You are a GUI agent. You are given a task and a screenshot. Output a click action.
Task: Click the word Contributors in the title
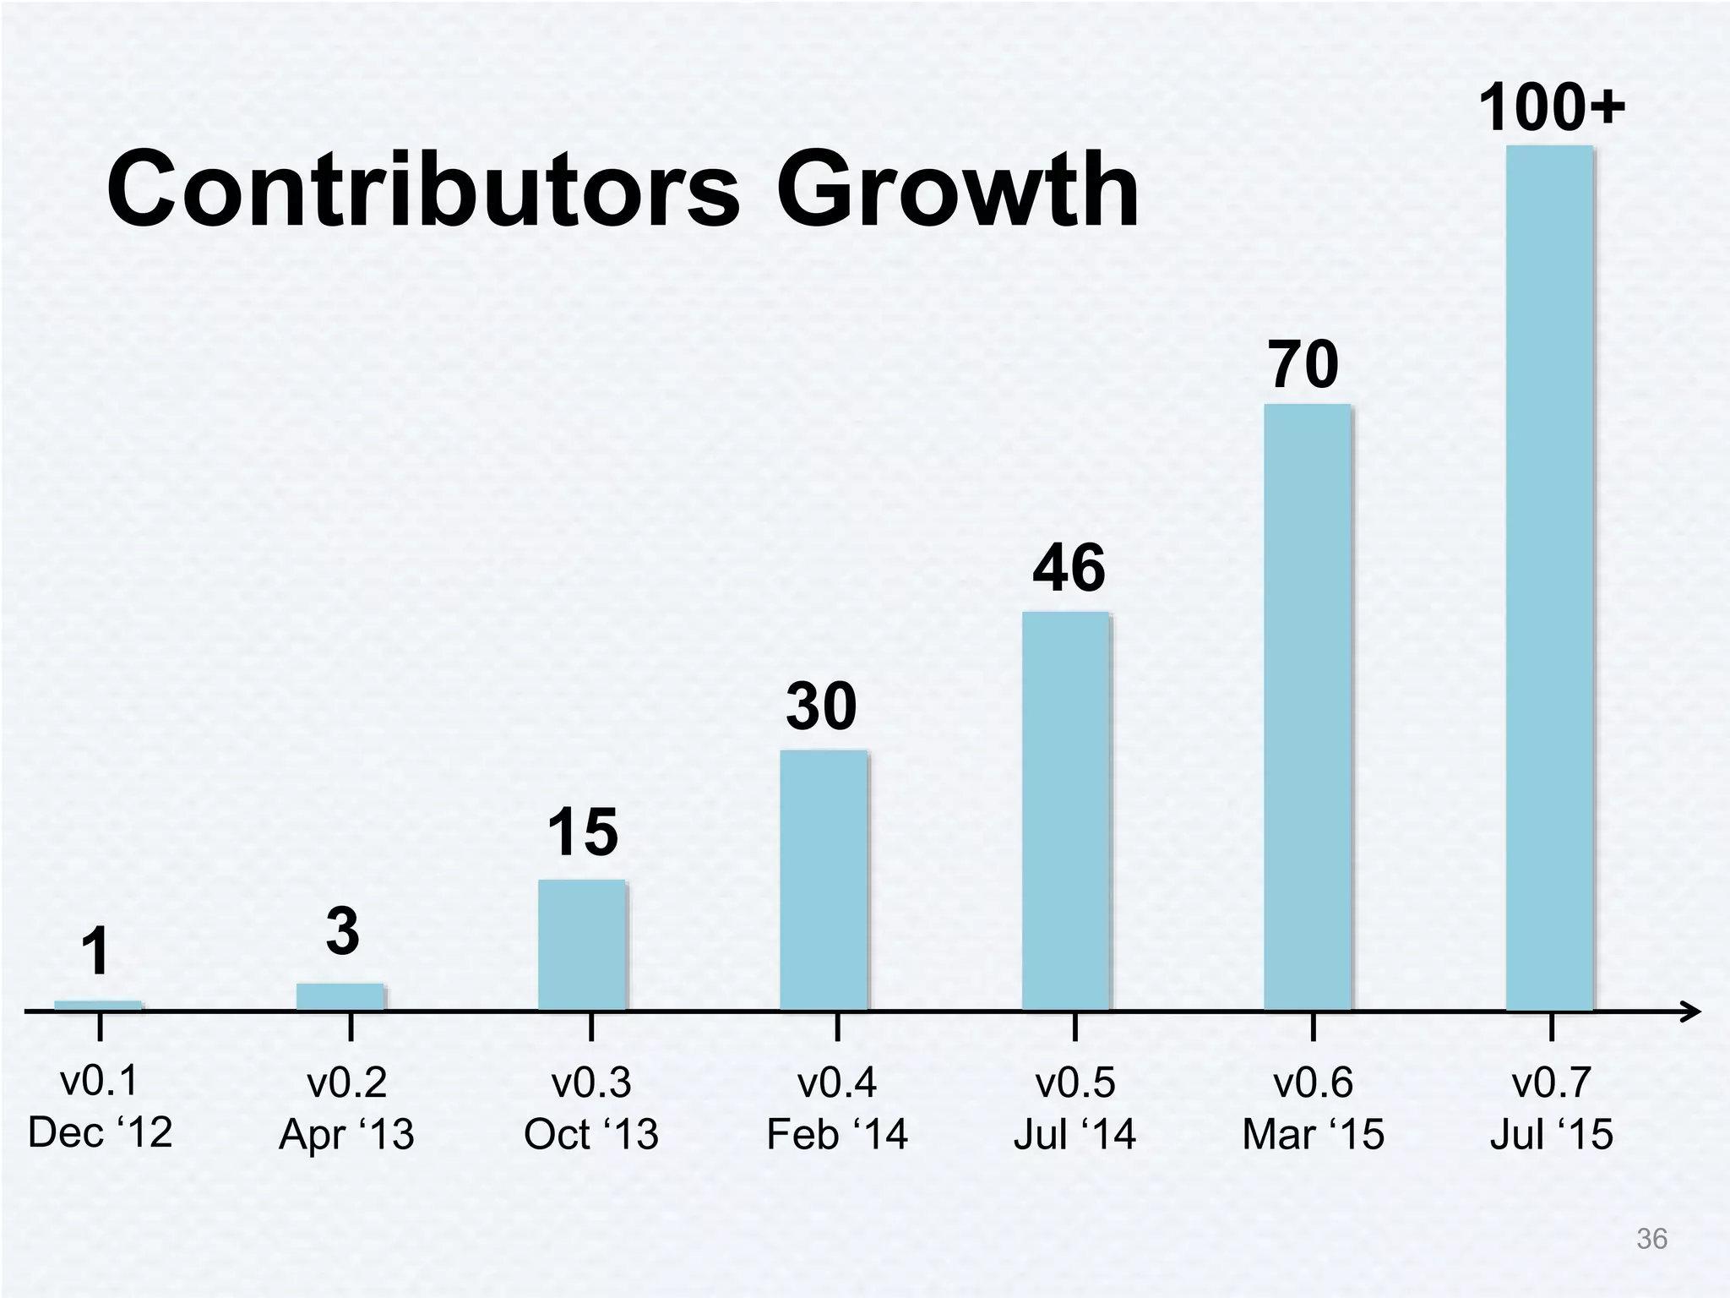click(x=422, y=189)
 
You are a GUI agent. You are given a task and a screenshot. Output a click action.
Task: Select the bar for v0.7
click(x=1549, y=578)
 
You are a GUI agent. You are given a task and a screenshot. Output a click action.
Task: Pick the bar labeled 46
click(x=1065, y=811)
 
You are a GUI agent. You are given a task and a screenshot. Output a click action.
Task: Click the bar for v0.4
click(x=823, y=880)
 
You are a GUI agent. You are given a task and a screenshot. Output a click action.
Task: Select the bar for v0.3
click(x=582, y=945)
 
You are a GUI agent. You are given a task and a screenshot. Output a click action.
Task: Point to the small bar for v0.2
click(x=340, y=996)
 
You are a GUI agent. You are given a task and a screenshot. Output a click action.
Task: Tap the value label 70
click(x=1303, y=365)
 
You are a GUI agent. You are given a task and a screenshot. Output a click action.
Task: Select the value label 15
click(x=582, y=832)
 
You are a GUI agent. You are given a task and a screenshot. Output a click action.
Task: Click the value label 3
click(x=342, y=931)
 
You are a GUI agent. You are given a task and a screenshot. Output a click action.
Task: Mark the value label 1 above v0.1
click(x=96, y=952)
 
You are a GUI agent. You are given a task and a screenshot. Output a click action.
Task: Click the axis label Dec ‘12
click(x=100, y=1132)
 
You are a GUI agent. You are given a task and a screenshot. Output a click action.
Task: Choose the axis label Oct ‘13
click(x=590, y=1134)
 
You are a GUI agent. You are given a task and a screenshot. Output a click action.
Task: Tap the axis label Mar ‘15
click(x=1313, y=1134)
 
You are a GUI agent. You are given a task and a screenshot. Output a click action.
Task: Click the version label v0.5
click(x=1074, y=1083)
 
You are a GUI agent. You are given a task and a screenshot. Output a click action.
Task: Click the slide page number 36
click(x=1651, y=1239)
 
